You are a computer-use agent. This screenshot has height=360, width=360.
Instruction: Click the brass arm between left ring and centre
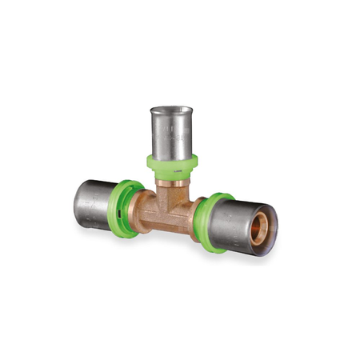click(144, 210)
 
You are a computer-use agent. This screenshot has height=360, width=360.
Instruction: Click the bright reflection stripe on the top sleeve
click(160, 132)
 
